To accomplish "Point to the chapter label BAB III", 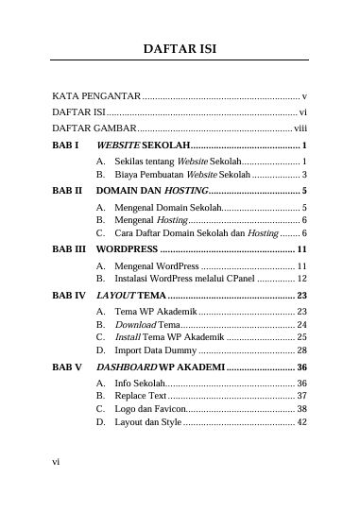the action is pos(68,249).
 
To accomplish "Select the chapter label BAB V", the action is pos(67,366).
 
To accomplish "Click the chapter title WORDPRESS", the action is pos(128,249).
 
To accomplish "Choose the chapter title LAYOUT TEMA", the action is pos(131,296).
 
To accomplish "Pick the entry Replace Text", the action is pos(140,395).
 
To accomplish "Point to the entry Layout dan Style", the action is pos(147,422).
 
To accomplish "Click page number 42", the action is pos(301,422).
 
